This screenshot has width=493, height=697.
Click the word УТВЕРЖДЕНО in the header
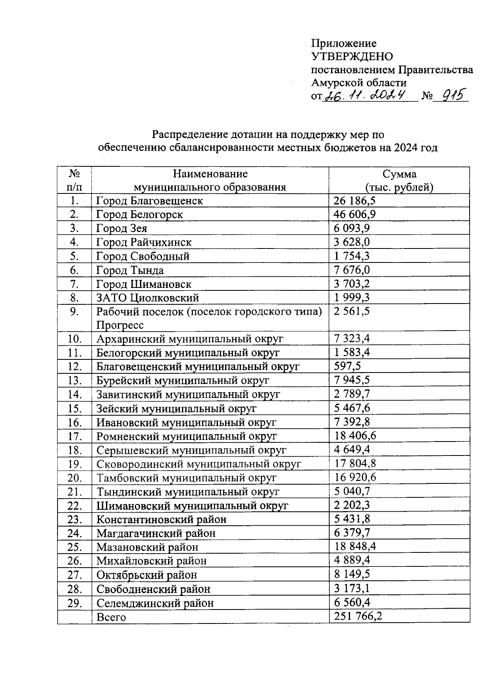pyautogui.click(x=352, y=56)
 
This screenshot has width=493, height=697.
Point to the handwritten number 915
pyautogui.click(x=451, y=96)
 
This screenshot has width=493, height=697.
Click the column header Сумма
pyautogui.click(x=399, y=174)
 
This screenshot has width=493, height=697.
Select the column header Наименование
pyautogui.click(x=210, y=174)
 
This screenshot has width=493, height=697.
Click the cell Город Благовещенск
pyautogui.click(x=150, y=201)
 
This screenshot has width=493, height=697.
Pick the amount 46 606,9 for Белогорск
pyautogui.click(x=355, y=214)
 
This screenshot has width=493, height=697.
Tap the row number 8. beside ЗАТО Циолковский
pyautogui.click(x=74, y=298)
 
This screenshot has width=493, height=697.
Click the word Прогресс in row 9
pyautogui.click(x=120, y=325)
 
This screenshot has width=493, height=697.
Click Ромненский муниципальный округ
pyautogui.click(x=187, y=436)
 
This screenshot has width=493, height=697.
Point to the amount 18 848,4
pyautogui.click(x=355, y=547)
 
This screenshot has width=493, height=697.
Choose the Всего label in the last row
pyautogui.click(x=111, y=617)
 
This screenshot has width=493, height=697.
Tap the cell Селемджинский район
pyautogui.click(x=155, y=603)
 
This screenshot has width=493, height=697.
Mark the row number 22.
pyautogui.click(x=75, y=506)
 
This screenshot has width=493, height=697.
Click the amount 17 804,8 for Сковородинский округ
pyautogui.click(x=355, y=464)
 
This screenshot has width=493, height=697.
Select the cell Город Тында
pyautogui.click(x=130, y=270)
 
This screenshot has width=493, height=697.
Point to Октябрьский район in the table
pyautogui.click(x=147, y=575)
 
